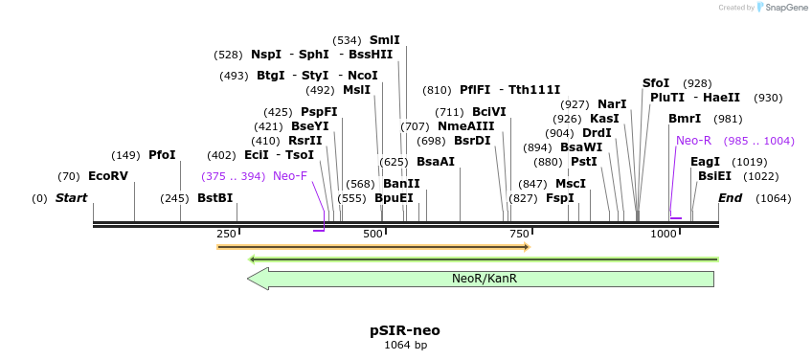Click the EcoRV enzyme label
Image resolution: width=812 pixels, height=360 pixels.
point(107,176)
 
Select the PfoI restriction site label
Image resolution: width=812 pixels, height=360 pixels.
point(162,155)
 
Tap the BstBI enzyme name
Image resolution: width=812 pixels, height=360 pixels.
point(214,198)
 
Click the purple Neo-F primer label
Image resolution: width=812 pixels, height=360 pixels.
point(290,176)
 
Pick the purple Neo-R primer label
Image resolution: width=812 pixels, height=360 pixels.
point(693,141)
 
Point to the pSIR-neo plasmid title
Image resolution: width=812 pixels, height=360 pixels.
point(405,330)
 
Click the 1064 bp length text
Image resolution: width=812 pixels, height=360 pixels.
point(405,345)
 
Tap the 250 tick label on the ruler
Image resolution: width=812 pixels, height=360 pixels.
point(226,235)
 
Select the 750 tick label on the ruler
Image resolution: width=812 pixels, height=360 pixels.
point(519,235)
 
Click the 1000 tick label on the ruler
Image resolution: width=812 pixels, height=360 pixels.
point(664,235)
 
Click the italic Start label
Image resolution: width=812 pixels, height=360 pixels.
point(71,198)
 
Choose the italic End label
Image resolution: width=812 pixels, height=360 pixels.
point(731,198)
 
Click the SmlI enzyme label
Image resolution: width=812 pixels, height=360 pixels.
point(384,40)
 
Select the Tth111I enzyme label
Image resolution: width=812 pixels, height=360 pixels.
point(534,90)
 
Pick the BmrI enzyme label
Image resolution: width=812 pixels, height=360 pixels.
point(685,119)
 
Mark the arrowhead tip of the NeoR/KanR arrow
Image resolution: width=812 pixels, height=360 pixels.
point(248,279)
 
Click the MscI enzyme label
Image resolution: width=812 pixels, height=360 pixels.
point(571,184)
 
